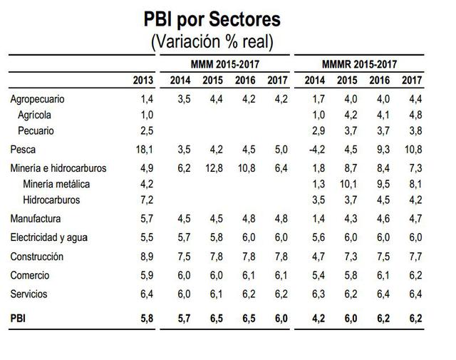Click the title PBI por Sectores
pos(212,19)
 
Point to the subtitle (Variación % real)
pos(212,41)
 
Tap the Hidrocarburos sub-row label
pos(52,200)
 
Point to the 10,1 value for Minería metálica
pos(347,185)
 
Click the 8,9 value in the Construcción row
pos(145,256)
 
